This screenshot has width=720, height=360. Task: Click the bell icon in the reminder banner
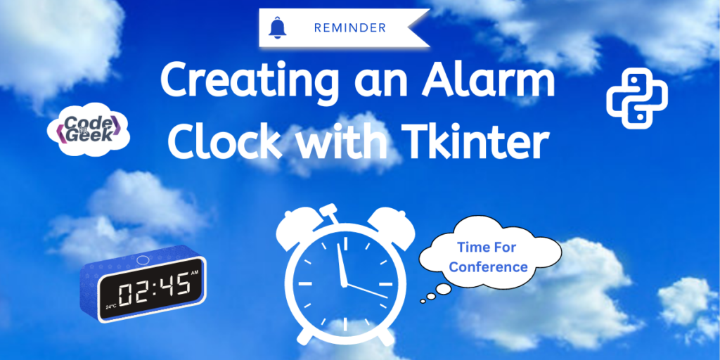276,27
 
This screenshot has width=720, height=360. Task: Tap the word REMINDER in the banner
350,28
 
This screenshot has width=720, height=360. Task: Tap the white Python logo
637,98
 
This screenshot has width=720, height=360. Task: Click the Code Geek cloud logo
88,129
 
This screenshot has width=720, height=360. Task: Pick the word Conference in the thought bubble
488,266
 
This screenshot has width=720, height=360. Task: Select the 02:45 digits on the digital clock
154,290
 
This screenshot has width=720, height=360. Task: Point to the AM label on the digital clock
195,274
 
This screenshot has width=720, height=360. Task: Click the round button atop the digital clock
143,260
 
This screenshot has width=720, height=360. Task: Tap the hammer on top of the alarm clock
330,212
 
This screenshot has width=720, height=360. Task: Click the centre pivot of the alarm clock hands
344,284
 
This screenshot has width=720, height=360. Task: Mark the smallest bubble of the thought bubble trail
423,302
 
